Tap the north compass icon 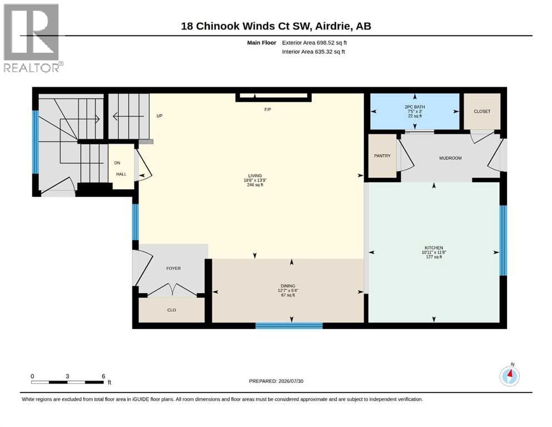coord(509,376)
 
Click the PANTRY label coord(382,156)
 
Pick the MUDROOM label coord(450,158)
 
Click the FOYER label coord(173,268)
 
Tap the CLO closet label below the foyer coord(171,310)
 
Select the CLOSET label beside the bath coord(482,111)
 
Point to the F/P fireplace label coord(267,110)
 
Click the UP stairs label coord(160,116)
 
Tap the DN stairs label coord(117,163)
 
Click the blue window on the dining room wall coord(289,326)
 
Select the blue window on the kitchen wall coord(504,240)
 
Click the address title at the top coord(276,26)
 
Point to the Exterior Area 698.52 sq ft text coord(315,43)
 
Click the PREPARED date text coord(276,381)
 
